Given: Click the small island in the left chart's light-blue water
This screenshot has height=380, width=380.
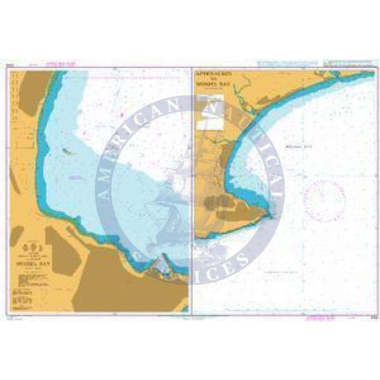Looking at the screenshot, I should pos(67,149).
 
